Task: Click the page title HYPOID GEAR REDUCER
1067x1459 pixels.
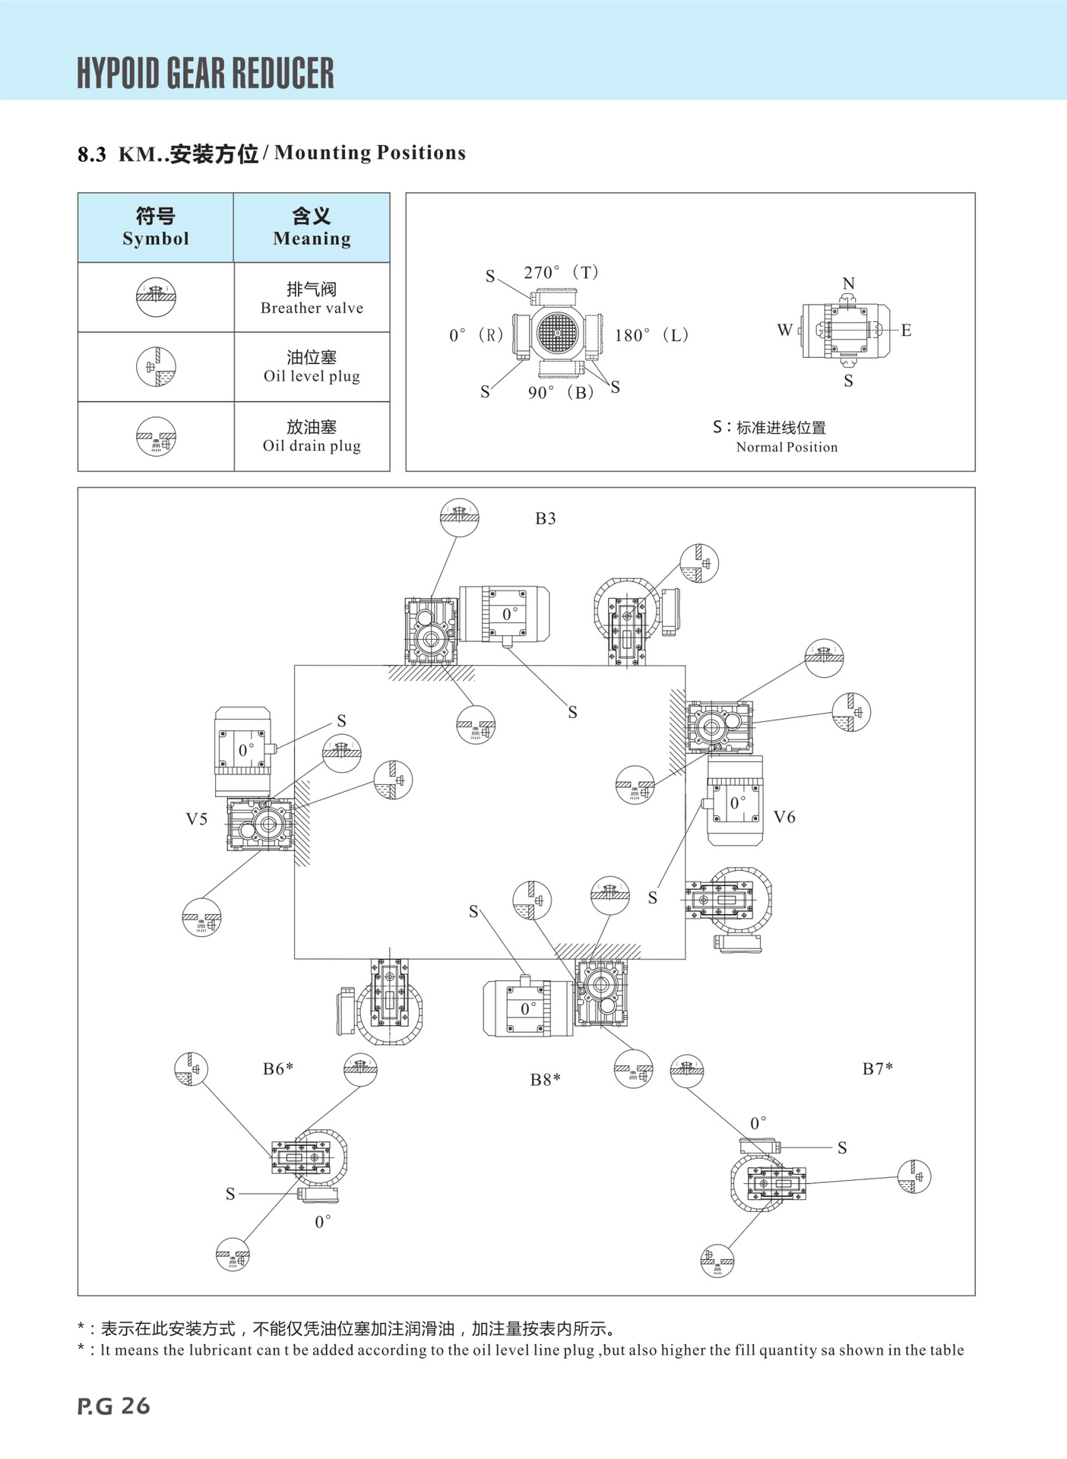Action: [x=205, y=73]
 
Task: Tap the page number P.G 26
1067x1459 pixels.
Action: [x=114, y=1406]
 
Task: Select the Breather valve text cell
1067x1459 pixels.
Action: [x=312, y=298]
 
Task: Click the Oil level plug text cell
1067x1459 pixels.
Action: [x=312, y=366]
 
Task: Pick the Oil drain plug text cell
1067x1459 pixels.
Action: [x=312, y=436]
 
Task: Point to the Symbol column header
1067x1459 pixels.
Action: [x=156, y=227]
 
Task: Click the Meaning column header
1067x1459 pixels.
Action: [x=312, y=227]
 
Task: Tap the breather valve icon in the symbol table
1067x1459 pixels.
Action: [x=156, y=297]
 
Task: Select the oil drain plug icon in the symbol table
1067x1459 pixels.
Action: [x=156, y=436]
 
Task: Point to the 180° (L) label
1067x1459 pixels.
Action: [x=651, y=335]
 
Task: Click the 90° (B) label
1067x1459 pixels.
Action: [x=561, y=392]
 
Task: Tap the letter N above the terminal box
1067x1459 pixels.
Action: [x=848, y=283]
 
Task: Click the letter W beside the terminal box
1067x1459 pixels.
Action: [x=784, y=330]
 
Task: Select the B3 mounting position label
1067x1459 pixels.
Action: [x=546, y=518]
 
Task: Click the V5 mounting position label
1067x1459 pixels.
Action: [x=197, y=818]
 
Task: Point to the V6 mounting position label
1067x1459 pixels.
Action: [x=784, y=817]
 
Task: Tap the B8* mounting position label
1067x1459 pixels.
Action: [x=546, y=1079]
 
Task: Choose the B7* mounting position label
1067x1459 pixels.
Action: [x=878, y=1068]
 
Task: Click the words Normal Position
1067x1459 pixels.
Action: [x=787, y=447]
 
